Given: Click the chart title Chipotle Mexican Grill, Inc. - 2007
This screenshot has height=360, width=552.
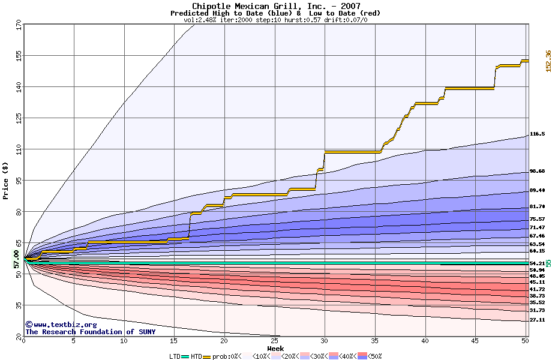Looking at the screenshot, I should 275,6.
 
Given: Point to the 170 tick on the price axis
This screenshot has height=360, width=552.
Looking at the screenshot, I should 19,26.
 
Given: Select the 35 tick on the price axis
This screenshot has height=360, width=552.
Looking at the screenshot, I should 19,305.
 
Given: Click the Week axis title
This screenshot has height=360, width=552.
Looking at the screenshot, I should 275,349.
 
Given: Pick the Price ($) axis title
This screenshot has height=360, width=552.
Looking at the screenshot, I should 6,180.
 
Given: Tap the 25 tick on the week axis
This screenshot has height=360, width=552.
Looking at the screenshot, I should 274,341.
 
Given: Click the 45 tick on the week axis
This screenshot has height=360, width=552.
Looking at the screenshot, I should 475,341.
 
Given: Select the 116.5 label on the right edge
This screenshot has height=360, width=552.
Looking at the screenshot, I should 537,134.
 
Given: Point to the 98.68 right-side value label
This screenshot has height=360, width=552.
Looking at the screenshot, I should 537,172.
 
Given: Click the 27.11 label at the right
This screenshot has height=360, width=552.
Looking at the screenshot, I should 537,320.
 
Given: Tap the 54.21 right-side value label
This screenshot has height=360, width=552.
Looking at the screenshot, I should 537,263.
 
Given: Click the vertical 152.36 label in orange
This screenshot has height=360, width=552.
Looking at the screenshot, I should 548,61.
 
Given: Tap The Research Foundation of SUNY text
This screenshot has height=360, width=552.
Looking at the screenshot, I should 88,332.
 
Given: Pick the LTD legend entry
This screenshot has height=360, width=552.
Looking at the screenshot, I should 175,356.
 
